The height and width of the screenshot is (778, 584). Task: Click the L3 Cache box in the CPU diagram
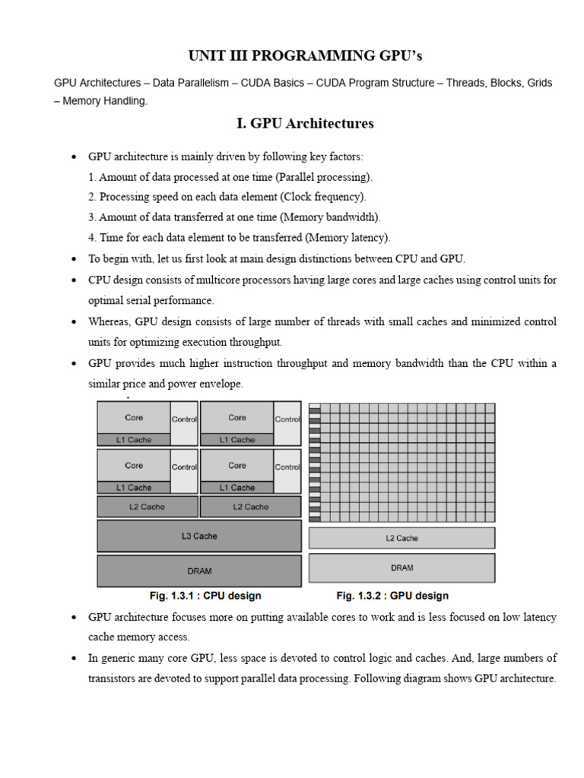point(199,536)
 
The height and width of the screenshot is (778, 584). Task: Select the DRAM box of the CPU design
point(199,570)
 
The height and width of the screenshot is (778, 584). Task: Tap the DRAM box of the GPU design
point(401,568)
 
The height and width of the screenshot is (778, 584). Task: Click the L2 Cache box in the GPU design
point(401,538)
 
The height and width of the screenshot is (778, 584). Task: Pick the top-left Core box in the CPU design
point(134,417)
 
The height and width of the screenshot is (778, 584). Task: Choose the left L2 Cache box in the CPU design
point(147,507)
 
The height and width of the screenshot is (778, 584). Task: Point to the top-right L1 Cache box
point(237,439)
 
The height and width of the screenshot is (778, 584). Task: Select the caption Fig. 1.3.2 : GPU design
point(392,596)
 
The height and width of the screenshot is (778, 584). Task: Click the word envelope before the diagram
point(220,384)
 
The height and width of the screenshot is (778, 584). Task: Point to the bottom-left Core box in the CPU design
point(134,465)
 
